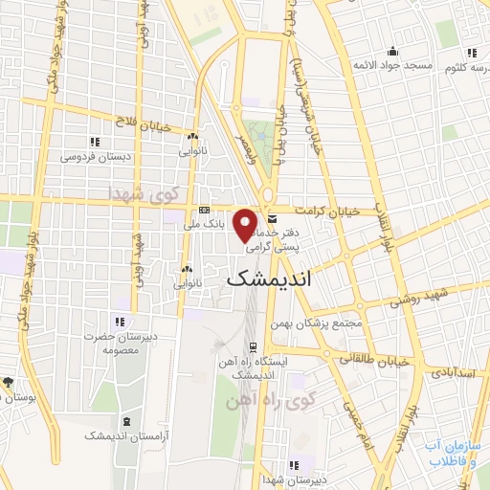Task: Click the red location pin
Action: coord(246,225)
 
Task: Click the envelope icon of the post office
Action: coord(271,218)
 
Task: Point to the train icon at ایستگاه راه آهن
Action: coord(253,347)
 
